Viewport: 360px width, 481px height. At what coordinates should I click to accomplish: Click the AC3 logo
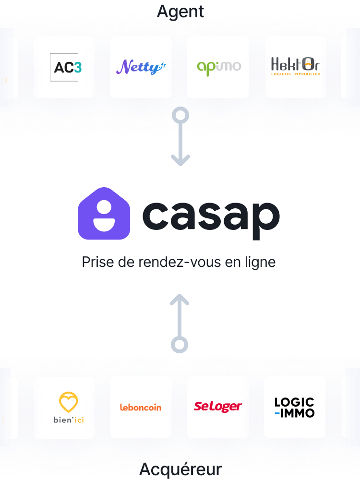64,67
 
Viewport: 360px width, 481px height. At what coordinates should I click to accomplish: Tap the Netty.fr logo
141,67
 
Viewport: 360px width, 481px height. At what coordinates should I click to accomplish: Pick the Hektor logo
295,67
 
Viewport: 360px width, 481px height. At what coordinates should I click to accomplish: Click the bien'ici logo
68,408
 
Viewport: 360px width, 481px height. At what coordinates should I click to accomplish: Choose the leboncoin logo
141,408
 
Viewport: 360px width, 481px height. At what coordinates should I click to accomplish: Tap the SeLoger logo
218,407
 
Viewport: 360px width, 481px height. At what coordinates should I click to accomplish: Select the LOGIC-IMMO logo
294,407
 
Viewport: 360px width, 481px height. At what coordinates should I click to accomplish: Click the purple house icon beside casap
104,214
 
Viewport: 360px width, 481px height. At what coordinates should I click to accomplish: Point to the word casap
211,216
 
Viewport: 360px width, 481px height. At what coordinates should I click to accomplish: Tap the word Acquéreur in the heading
180,469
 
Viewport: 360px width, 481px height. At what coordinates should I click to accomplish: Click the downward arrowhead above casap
180,160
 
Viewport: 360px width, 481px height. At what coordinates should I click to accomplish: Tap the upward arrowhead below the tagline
180,300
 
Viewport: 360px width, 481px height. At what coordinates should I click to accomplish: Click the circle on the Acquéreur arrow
180,344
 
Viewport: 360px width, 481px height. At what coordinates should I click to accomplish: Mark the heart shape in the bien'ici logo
68,402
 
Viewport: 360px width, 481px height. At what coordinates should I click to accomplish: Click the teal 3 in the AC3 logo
77,67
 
